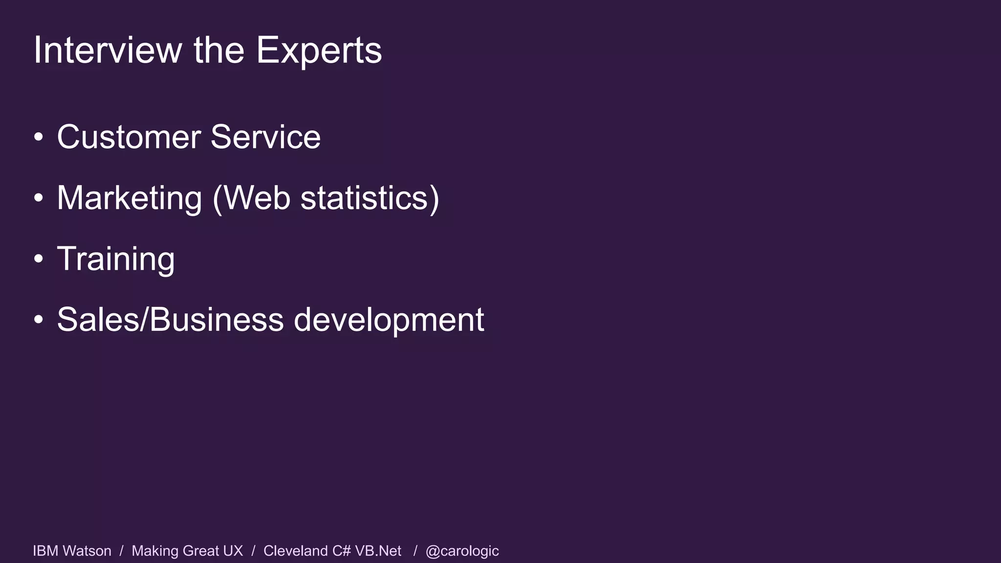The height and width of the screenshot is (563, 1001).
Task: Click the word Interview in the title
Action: point(107,50)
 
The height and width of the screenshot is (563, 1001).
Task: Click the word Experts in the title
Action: point(319,50)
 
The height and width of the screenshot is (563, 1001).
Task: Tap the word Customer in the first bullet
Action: point(129,137)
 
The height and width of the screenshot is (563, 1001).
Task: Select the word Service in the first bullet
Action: point(265,137)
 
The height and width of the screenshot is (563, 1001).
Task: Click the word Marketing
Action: point(129,198)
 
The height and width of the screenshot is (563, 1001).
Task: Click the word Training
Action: point(116,259)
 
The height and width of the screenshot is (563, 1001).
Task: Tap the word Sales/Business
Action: point(170,320)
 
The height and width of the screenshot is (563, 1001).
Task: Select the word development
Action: point(389,320)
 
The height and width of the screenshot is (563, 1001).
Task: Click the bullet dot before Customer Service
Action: point(39,138)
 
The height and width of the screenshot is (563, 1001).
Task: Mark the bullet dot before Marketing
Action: point(39,199)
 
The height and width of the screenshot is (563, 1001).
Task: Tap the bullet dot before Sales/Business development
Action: point(39,321)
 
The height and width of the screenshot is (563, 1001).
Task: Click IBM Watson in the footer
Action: point(72,551)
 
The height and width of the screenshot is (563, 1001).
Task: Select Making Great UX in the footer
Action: point(187,551)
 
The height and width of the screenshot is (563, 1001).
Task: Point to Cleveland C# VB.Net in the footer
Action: point(332,551)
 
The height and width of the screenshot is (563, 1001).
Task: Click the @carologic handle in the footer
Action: point(462,551)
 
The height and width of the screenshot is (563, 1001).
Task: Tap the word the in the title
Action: point(218,50)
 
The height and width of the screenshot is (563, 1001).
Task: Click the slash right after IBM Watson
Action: point(121,551)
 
